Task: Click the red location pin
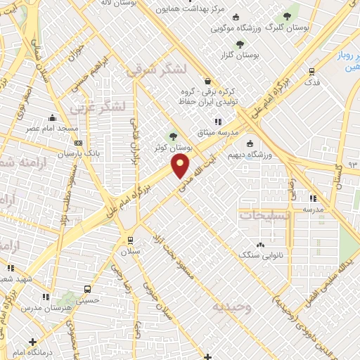tap(181, 167)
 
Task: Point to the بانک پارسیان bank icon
tap(77, 143)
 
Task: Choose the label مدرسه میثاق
tap(236, 132)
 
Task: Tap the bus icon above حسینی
tap(86, 289)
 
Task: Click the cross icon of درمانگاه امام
tap(34, 341)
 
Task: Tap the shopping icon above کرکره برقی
tap(207, 80)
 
